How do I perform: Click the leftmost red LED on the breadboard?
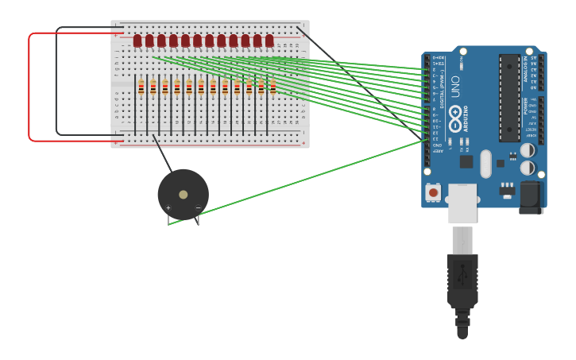[137, 41]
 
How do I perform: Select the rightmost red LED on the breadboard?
[269, 41]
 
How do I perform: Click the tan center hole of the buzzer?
[184, 194]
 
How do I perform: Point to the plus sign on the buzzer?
[168, 207]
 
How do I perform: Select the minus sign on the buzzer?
[198, 207]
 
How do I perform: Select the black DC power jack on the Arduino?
[531, 196]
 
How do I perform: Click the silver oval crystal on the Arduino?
[485, 164]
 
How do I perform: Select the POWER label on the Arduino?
[525, 105]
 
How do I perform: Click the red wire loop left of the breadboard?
[29, 87]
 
